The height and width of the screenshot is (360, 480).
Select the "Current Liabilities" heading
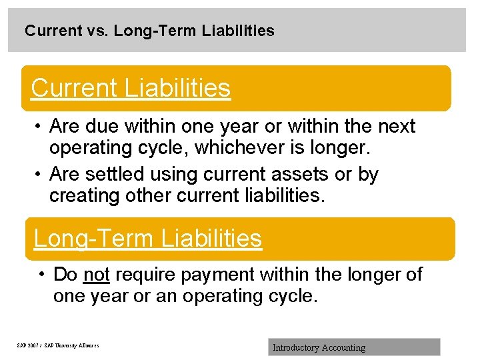click(x=131, y=88)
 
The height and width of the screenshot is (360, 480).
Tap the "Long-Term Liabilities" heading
click(x=148, y=238)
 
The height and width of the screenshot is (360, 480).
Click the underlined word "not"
click(x=97, y=274)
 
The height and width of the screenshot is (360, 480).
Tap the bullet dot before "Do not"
click(x=41, y=275)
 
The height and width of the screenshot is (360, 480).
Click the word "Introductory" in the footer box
click(x=295, y=347)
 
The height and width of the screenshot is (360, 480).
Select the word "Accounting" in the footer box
click(x=343, y=347)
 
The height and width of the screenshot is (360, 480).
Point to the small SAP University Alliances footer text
click(x=57, y=345)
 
